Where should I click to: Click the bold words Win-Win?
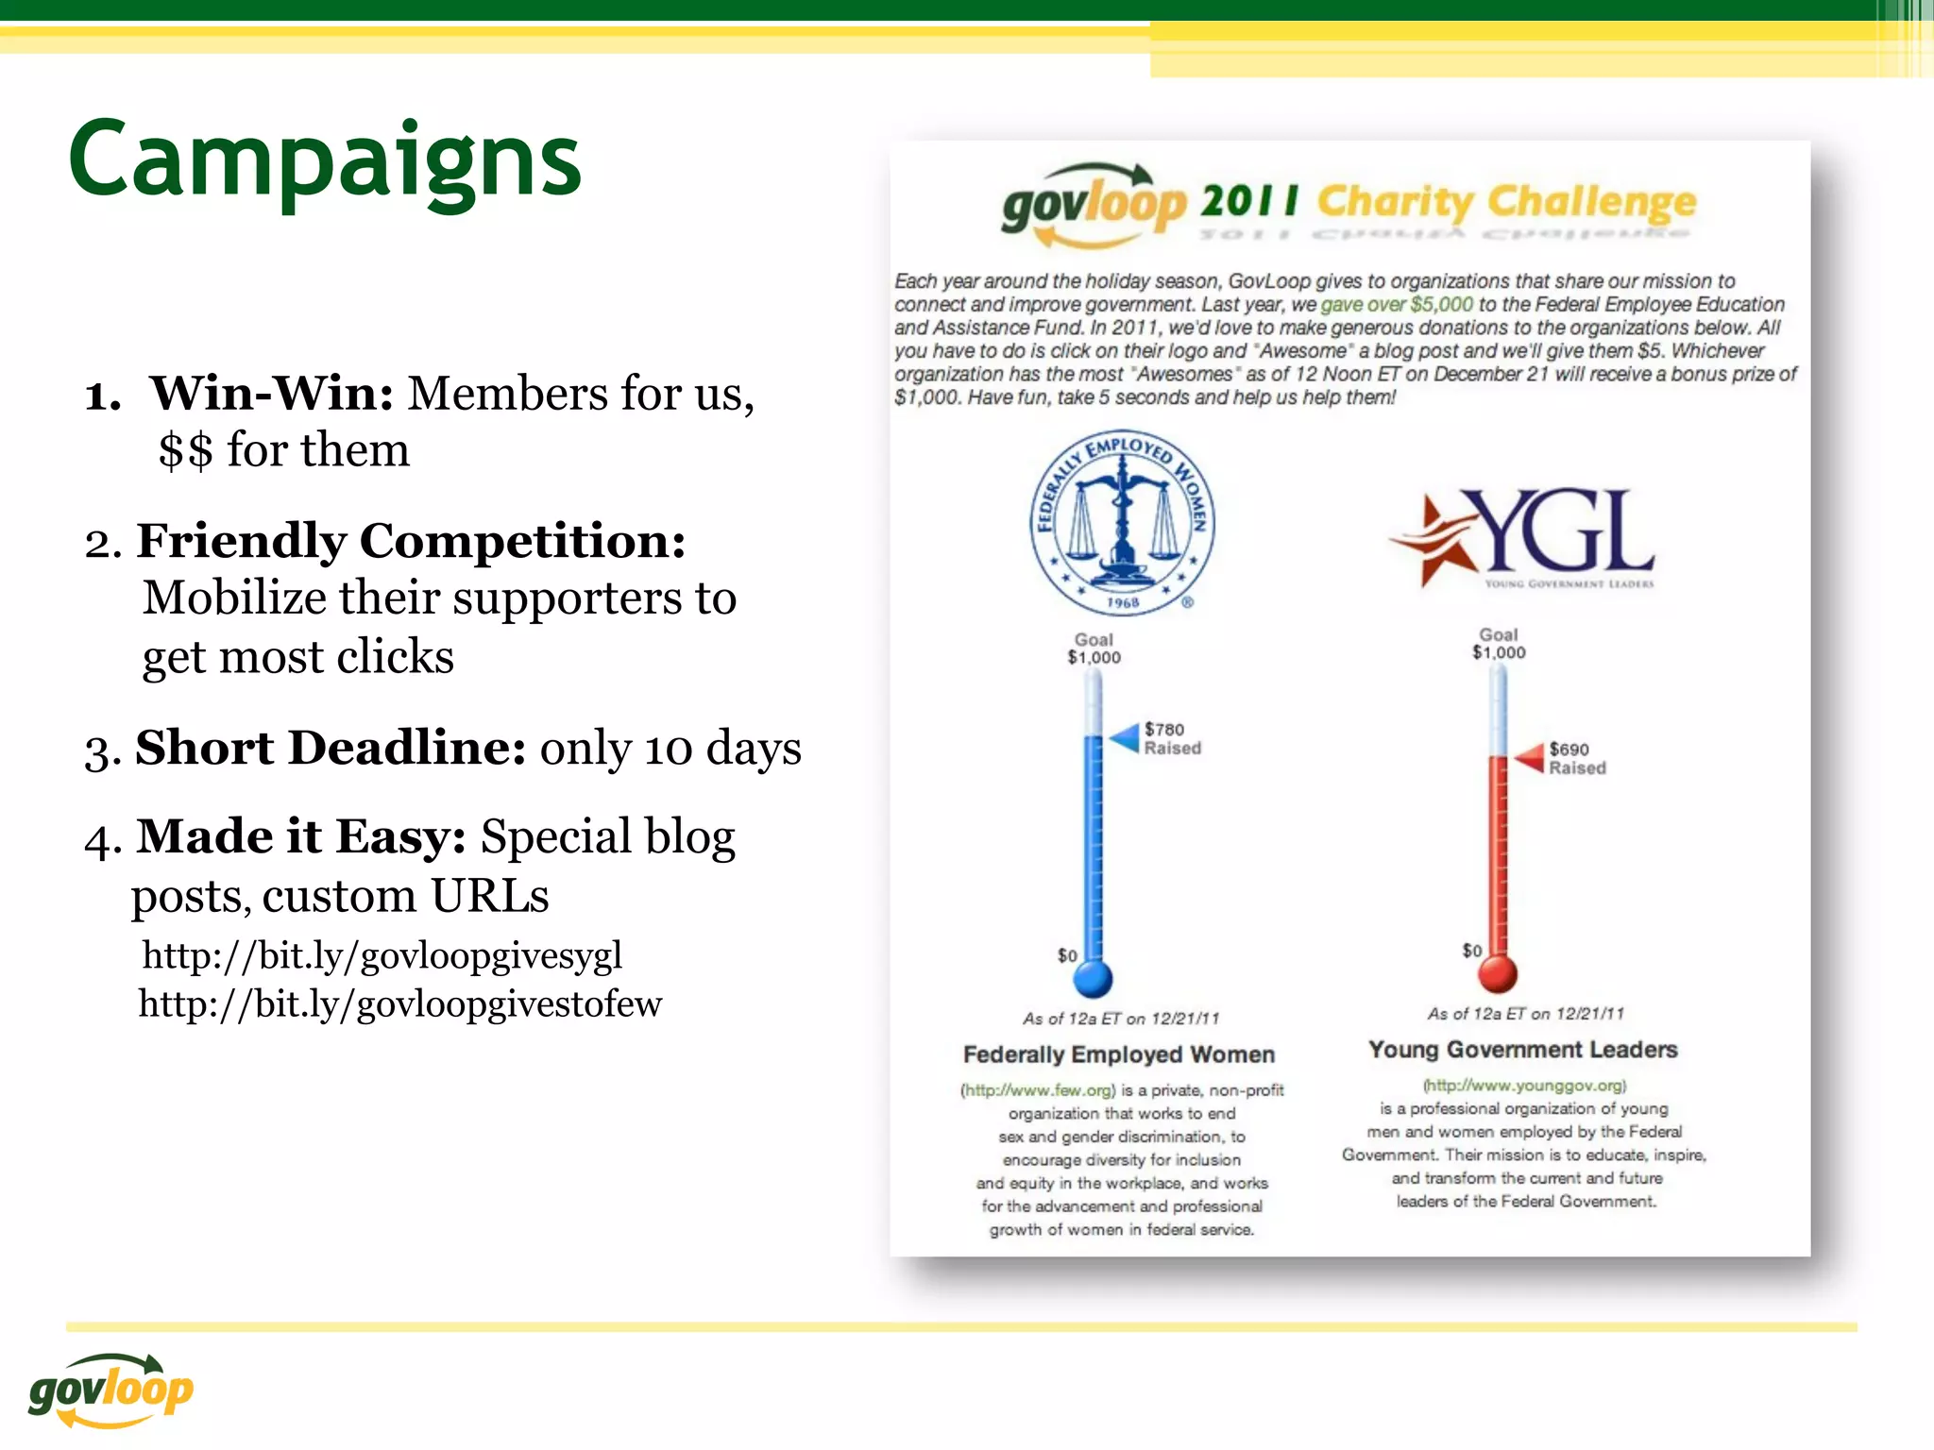[x=272, y=393]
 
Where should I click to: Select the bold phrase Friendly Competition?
[x=411, y=541]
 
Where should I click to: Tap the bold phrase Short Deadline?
[x=331, y=748]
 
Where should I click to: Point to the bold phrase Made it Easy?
[x=301, y=836]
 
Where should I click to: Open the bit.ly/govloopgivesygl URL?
[x=382, y=955]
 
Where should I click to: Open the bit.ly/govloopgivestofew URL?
[x=399, y=1003]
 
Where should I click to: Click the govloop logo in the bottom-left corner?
[x=110, y=1390]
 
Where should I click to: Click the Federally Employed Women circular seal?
[x=1122, y=523]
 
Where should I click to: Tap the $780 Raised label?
[x=1172, y=738]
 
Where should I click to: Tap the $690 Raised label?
[x=1576, y=758]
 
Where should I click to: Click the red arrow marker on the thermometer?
[x=1530, y=757]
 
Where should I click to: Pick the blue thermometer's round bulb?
[x=1094, y=978]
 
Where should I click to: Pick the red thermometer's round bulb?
[x=1498, y=973]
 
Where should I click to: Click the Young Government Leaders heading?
[x=1522, y=1050]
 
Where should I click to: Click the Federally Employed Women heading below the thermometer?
[x=1119, y=1054]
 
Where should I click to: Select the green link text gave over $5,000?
[x=1396, y=304]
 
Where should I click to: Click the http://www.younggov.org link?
[x=1524, y=1086]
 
